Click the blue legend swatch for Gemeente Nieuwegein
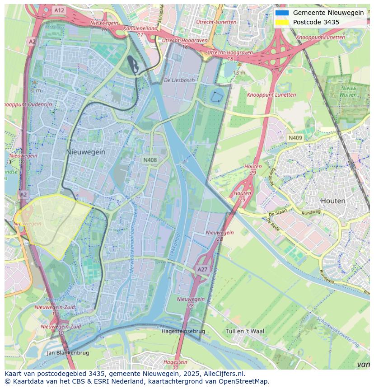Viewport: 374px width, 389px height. click(x=282, y=13)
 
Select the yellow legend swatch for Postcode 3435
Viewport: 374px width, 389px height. click(x=282, y=22)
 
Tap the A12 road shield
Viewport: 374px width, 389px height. click(x=59, y=10)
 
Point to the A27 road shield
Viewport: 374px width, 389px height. click(x=202, y=269)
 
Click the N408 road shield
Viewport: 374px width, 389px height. click(x=150, y=160)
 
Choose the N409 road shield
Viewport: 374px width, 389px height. click(x=295, y=138)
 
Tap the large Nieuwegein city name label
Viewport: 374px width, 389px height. click(x=86, y=152)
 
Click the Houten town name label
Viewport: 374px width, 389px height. click(x=333, y=201)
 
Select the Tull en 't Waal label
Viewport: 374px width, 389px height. click(x=245, y=331)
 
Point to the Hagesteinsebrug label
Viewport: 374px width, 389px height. click(x=183, y=331)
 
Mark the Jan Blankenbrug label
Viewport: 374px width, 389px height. click(x=68, y=353)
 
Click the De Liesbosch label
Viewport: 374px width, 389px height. click(x=179, y=80)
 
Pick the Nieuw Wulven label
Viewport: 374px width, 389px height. click(x=349, y=91)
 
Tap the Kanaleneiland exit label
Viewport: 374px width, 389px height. click(x=140, y=28)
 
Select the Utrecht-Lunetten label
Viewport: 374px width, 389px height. click(x=216, y=22)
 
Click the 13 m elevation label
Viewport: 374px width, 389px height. click(x=239, y=73)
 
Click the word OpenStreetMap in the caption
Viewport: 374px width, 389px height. click(x=243, y=381)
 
